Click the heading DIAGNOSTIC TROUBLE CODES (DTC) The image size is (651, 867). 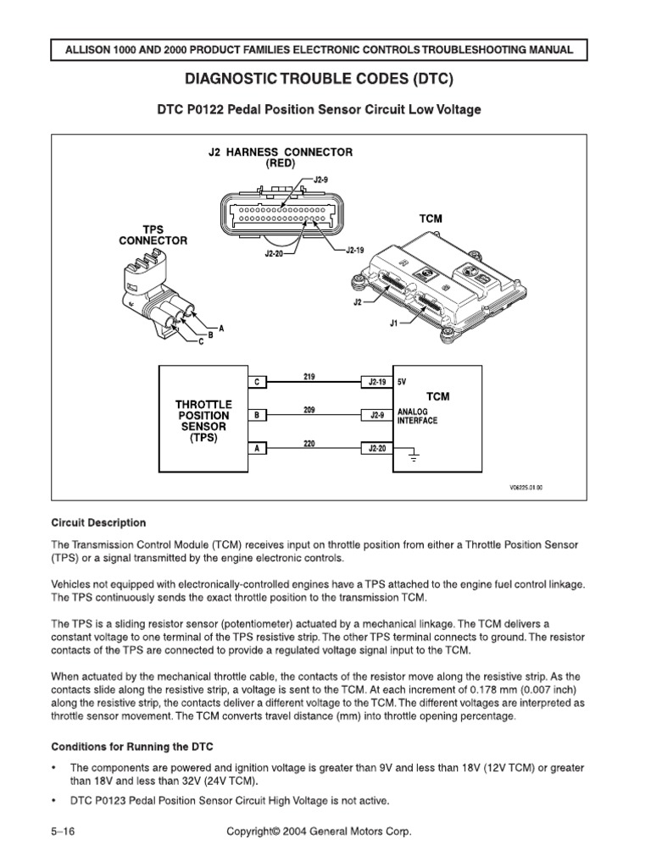[x=325, y=80]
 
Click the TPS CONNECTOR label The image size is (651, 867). [x=153, y=235]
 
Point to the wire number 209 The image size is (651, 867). [x=309, y=409]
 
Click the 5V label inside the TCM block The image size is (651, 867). [x=403, y=383]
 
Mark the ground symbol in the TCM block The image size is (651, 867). [x=413, y=458]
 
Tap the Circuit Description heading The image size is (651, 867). [x=98, y=522]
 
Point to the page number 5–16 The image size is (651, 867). [x=63, y=832]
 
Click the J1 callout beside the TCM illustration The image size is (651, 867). [x=393, y=322]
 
